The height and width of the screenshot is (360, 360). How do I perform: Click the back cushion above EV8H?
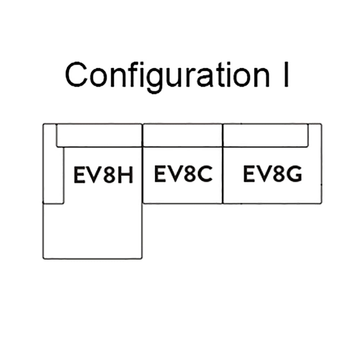[99, 135]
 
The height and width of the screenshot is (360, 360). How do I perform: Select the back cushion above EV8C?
[183, 135]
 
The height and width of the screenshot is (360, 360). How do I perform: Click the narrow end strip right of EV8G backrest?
[315, 135]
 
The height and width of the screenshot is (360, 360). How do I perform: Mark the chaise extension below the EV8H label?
[92, 230]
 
